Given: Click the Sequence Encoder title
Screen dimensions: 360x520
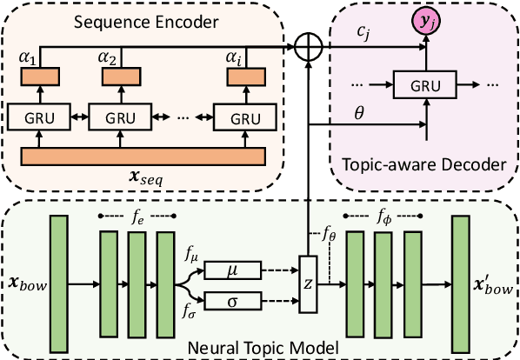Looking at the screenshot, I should coord(139,19).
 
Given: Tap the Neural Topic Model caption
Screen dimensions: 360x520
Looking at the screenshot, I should coord(260,348).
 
